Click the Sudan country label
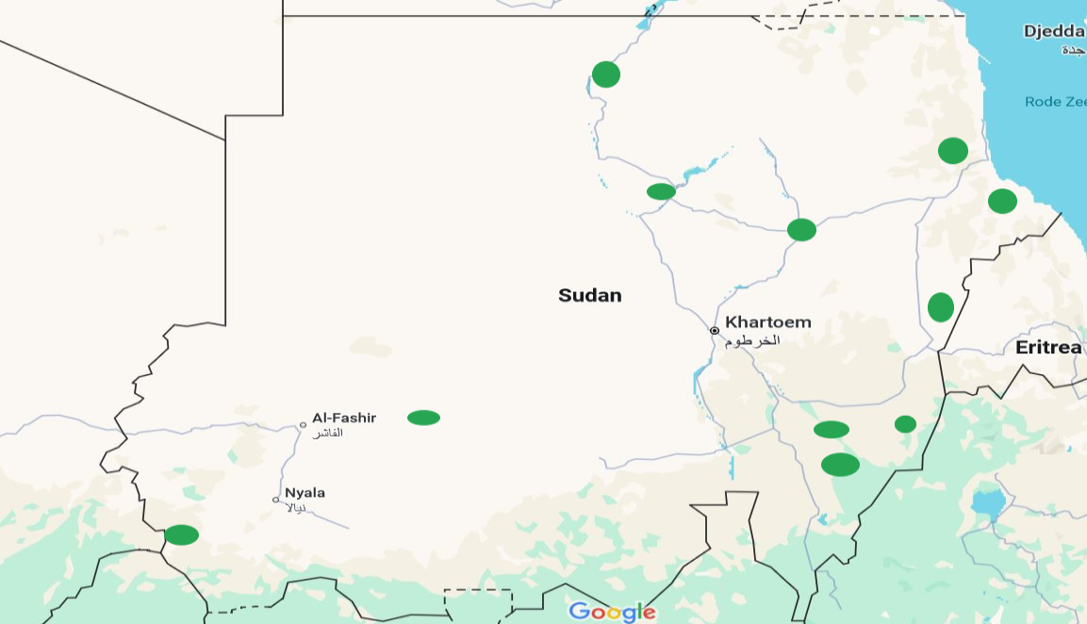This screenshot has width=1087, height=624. [x=589, y=295]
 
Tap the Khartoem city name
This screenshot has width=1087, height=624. [x=767, y=322]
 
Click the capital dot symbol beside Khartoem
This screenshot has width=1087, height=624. [x=715, y=331]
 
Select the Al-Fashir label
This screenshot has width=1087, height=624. [x=344, y=418]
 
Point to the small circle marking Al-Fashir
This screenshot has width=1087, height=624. [x=303, y=425]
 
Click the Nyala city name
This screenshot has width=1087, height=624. [x=305, y=492]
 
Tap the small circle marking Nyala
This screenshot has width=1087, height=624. [x=276, y=500]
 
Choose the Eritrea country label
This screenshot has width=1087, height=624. [x=1048, y=348]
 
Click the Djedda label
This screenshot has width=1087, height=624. [x=1054, y=32]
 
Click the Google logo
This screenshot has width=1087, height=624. [x=612, y=612]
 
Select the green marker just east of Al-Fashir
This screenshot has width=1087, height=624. [x=423, y=418]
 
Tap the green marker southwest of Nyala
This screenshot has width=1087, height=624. [x=182, y=535]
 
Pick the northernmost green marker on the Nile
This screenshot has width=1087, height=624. [x=606, y=74]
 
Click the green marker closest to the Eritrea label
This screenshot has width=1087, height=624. [x=940, y=307]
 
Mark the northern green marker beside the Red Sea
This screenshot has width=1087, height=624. [x=953, y=151]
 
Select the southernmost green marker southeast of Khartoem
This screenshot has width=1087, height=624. [x=840, y=465]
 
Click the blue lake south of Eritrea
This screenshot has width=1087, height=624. [x=987, y=504]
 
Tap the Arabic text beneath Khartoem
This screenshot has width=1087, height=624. [x=752, y=339]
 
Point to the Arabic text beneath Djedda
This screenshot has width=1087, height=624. [x=1073, y=49]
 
